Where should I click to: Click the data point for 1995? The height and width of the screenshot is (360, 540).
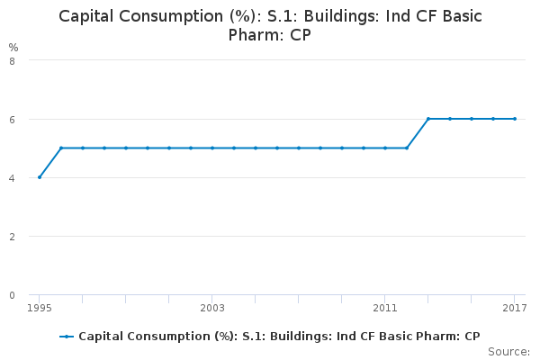(x=40, y=177)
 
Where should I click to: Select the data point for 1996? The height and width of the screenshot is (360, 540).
(x=61, y=148)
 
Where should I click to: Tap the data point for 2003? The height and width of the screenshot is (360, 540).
(x=212, y=148)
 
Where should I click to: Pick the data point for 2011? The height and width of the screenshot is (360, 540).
(x=385, y=148)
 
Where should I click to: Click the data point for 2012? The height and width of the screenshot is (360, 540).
(x=407, y=148)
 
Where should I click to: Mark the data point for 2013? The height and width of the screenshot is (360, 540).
(x=428, y=119)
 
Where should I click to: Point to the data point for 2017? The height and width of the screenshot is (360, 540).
(x=515, y=119)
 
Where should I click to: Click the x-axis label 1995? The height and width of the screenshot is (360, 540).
(x=40, y=308)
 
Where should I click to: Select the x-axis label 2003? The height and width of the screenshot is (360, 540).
(x=212, y=308)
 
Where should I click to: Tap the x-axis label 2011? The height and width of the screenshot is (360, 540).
(x=385, y=308)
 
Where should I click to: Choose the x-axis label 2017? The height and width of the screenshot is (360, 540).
(x=515, y=308)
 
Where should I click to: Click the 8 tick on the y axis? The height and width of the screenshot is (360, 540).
(x=13, y=61)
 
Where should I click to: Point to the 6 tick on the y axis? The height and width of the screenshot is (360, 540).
(x=13, y=120)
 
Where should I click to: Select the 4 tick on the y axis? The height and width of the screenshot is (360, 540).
(x=13, y=178)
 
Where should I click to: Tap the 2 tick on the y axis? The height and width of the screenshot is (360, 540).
(x=13, y=237)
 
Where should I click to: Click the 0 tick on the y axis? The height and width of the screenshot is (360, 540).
(x=13, y=295)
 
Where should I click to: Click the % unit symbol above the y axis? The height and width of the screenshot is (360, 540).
(x=13, y=47)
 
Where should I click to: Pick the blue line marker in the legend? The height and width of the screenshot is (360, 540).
(x=67, y=337)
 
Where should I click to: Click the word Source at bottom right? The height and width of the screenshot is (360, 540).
(x=509, y=352)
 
